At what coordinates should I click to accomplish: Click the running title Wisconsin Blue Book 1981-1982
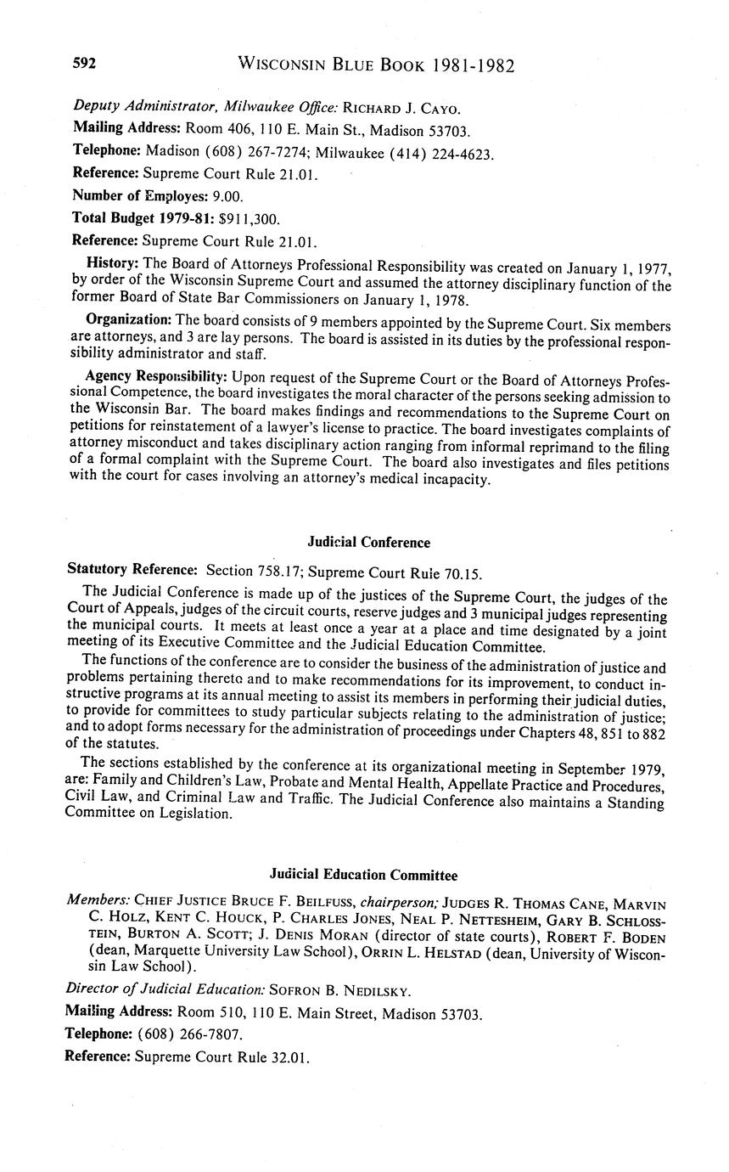click(x=376, y=65)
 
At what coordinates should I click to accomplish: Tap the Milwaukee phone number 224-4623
click(x=464, y=153)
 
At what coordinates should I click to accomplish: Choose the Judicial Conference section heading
click(x=368, y=542)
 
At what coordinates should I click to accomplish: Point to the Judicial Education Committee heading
click(x=363, y=875)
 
